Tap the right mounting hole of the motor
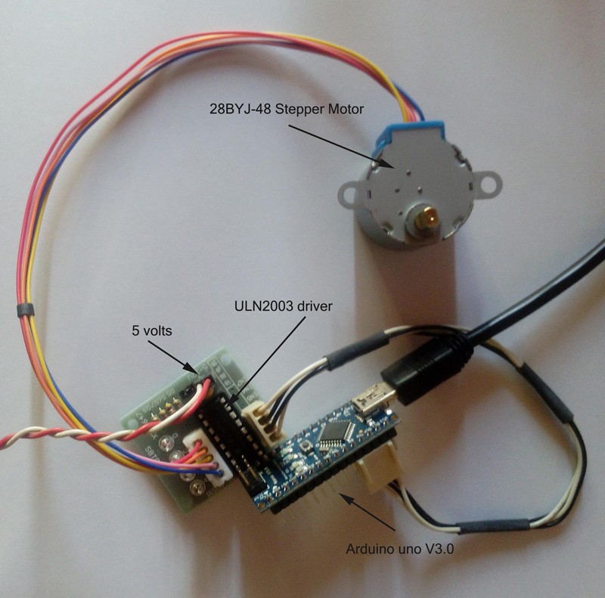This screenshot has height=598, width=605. pos(490,182)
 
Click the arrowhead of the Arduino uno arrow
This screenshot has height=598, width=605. pos(342,495)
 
